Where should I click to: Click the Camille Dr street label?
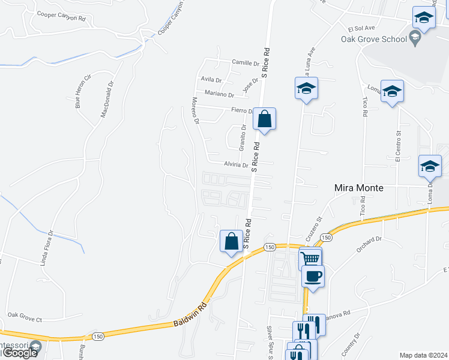tap(245, 62)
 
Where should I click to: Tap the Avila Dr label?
tap(211, 79)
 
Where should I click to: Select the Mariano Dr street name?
tap(218, 94)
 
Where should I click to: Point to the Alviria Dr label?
tap(236, 164)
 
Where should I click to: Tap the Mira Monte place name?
tap(358, 188)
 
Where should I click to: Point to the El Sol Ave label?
tap(361, 28)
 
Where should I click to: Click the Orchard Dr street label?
tap(369, 241)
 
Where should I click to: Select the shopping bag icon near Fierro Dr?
tap(264, 118)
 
